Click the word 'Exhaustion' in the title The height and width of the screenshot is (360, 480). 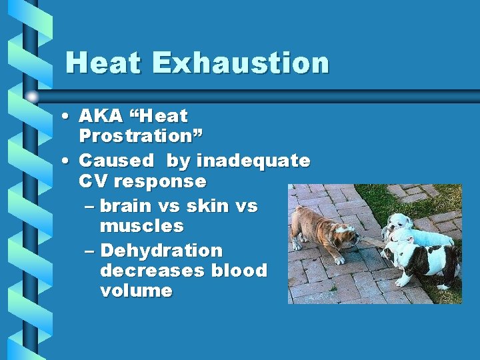tap(241, 63)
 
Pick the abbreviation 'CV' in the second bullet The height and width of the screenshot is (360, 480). tap(93, 181)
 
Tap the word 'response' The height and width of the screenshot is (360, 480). tap(161, 181)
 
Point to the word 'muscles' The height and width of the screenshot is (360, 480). tap(141, 226)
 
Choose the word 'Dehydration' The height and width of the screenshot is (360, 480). tap(161, 251)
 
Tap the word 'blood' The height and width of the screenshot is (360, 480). tap(239, 271)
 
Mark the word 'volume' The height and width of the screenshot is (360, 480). tap(136, 291)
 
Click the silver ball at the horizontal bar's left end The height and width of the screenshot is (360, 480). tap(31, 97)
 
